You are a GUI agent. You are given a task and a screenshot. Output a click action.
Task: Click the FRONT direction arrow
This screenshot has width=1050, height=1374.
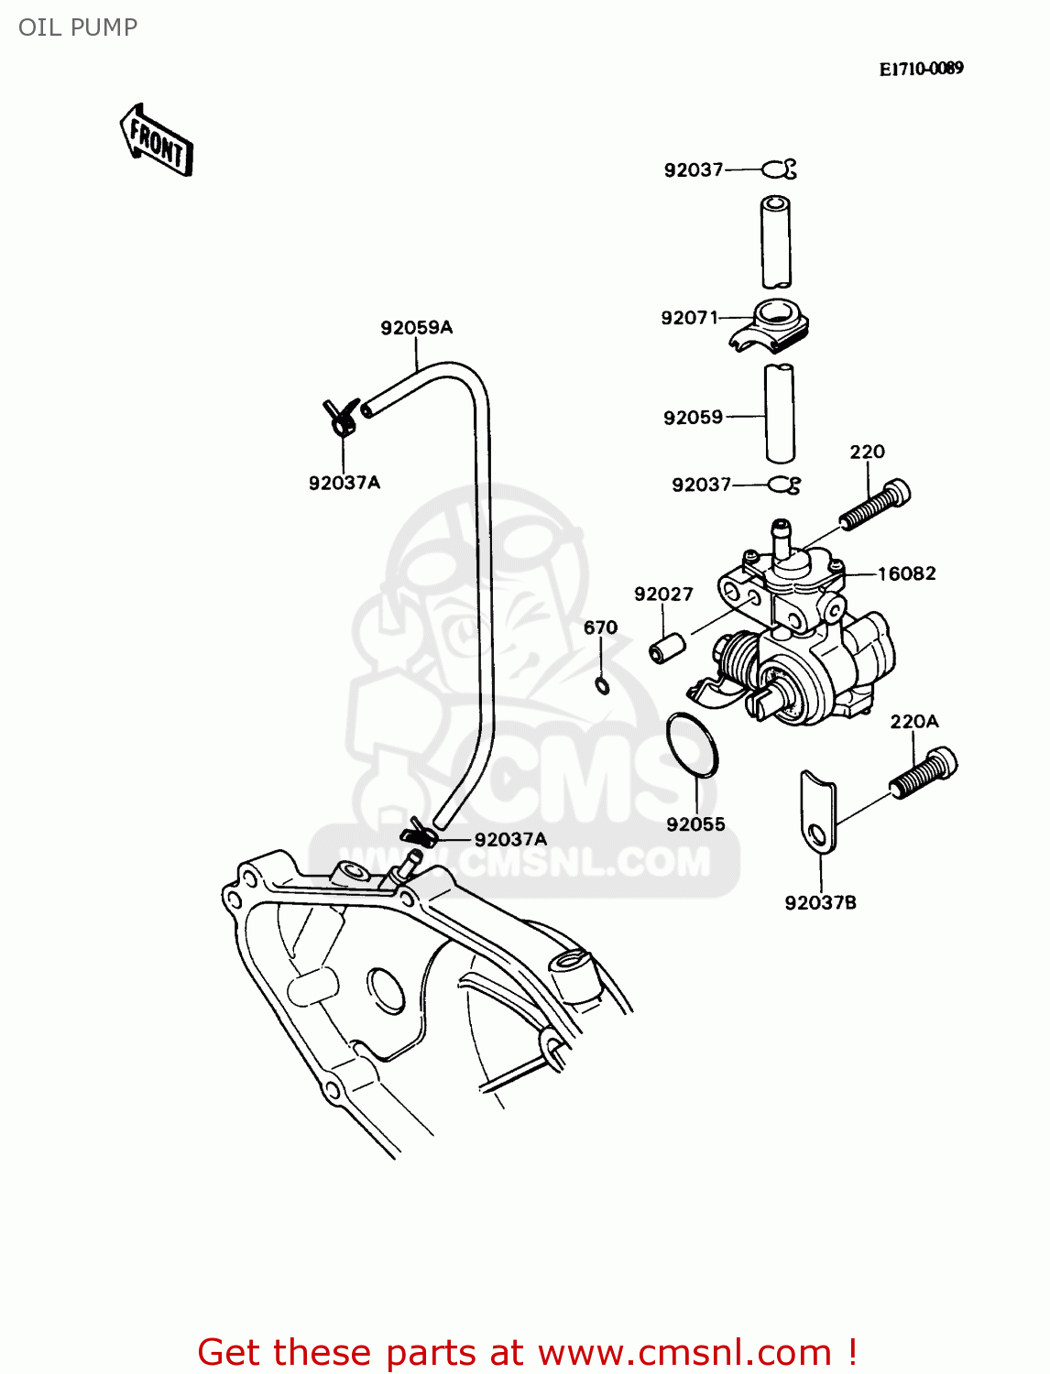click(157, 141)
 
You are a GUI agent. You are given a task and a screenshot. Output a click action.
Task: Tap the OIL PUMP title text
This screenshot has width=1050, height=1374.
click(78, 27)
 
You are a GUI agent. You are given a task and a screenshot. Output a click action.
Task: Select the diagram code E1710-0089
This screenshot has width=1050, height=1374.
click(921, 69)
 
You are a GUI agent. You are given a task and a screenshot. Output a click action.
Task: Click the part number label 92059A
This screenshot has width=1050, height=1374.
click(416, 328)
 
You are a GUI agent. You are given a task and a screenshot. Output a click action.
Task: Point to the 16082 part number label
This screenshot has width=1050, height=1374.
click(906, 574)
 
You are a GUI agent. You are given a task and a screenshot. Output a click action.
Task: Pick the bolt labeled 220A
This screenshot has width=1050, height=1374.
click(924, 773)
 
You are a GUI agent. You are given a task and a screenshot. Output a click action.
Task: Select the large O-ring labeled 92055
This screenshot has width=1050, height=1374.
click(693, 744)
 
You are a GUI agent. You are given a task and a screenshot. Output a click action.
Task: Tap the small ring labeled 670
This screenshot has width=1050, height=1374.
click(602, 685)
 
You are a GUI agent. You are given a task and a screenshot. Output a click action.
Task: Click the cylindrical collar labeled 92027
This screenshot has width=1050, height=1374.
click(667, 648)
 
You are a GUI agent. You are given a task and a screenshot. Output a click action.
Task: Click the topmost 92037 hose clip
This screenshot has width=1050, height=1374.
click(780, 169)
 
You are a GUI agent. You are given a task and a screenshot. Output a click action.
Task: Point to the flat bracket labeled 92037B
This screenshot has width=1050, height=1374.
click(817, 812)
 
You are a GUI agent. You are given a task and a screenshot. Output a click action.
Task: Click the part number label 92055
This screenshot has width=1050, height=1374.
click(695, 824)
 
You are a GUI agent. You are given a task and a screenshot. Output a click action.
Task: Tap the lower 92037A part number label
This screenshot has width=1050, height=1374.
click(510, 839)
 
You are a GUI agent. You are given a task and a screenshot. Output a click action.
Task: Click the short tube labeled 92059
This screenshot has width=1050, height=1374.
click(779, 413)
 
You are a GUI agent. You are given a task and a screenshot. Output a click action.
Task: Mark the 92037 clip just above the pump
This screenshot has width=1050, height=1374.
click(784, 485)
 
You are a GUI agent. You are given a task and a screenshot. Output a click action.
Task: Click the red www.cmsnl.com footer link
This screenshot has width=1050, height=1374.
click(684, 1352)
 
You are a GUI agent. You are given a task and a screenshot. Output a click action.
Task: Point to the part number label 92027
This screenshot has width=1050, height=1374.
click(663, 594)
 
